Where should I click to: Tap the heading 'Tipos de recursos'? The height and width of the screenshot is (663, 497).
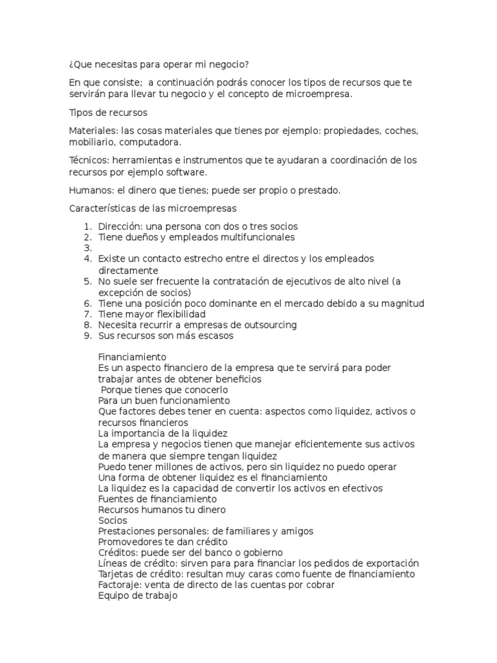108,113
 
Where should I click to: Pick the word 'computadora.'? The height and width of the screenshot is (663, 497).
151,142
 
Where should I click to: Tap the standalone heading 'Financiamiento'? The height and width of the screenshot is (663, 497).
132,357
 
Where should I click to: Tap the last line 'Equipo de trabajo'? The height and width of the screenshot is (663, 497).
137,596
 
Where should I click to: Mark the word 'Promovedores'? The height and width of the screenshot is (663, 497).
129,542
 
